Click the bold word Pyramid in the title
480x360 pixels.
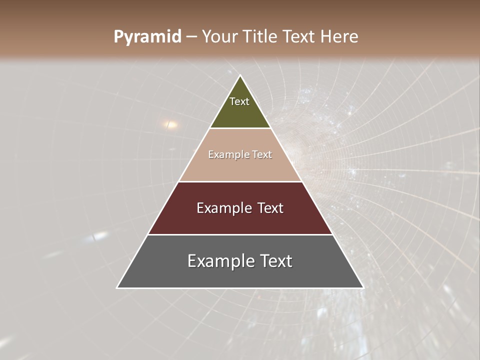147,37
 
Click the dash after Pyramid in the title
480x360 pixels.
191,37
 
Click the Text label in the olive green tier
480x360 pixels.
239,101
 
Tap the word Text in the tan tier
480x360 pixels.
262,154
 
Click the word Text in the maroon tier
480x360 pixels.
270,208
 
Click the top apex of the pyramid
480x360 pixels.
240,76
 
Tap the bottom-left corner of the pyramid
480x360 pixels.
117,287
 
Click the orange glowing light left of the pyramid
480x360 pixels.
171,124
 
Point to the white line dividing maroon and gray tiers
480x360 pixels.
240,234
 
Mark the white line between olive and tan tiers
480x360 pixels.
240,128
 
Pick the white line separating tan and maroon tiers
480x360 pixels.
240,181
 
